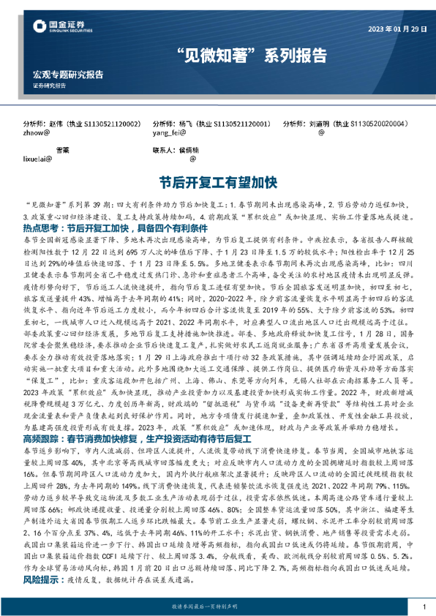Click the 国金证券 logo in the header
pos(62,28)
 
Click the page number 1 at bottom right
pos(424,607)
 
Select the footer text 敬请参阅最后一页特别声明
pos(218,607)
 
